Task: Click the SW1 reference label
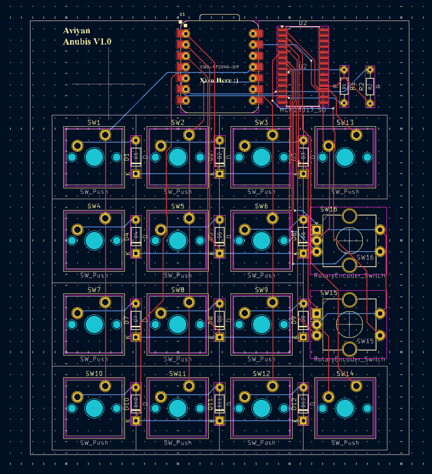(94, 123)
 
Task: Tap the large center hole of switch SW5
(177, 241)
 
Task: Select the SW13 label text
(345, 123)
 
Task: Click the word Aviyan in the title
(77, 31)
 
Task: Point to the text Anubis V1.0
(87, 42)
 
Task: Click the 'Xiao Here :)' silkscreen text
(219, 80)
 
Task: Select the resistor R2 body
(370, 87)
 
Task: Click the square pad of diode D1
(136, 174)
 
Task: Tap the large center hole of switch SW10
(94, 408)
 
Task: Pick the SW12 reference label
(261, 374)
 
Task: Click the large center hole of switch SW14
(345, 408)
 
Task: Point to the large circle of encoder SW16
(349, 239)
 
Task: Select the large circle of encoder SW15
(349, 324)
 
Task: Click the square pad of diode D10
(136, 421)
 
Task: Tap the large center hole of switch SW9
(261, 324)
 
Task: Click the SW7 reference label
(94, 290)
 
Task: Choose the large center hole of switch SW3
(261, 158)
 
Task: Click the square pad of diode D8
(220, 337)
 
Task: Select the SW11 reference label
(178, 374)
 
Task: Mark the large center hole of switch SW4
(94, 241)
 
